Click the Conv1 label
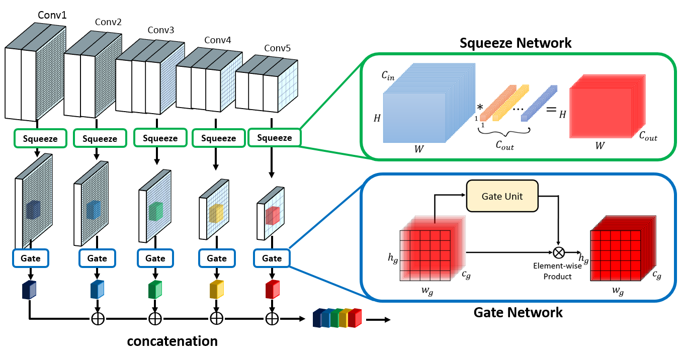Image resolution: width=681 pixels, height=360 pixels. [52, 15]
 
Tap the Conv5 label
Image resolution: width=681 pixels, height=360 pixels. [277, 48]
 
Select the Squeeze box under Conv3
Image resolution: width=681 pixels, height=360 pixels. [160, 138]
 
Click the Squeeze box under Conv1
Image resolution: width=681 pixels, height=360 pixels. [40, 139]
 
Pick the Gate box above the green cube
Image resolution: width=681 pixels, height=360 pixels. [155, 258]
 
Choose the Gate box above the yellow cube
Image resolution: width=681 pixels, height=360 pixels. [217, 258]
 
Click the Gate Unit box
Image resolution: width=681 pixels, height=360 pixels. [502, 196]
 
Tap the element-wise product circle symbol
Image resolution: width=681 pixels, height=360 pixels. [559, 252]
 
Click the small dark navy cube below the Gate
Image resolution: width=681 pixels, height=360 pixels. [29, 290]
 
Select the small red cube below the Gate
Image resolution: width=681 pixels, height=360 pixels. [273, 290]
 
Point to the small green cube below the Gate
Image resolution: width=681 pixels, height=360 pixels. [155, 290]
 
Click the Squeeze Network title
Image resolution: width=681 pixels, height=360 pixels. [516, 43]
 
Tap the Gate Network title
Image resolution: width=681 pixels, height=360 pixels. [518, 312]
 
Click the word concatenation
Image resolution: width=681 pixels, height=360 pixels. [173, 341]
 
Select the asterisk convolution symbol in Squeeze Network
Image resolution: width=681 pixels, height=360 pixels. [480, 107]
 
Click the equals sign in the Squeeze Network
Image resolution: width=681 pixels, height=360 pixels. [551, 109]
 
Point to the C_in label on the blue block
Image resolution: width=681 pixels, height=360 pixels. [388, 75]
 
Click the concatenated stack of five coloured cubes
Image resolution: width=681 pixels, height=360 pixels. [337, 318]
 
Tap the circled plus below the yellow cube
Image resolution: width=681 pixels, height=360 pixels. [216, 319]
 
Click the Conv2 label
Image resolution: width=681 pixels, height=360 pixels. [108, 22]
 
